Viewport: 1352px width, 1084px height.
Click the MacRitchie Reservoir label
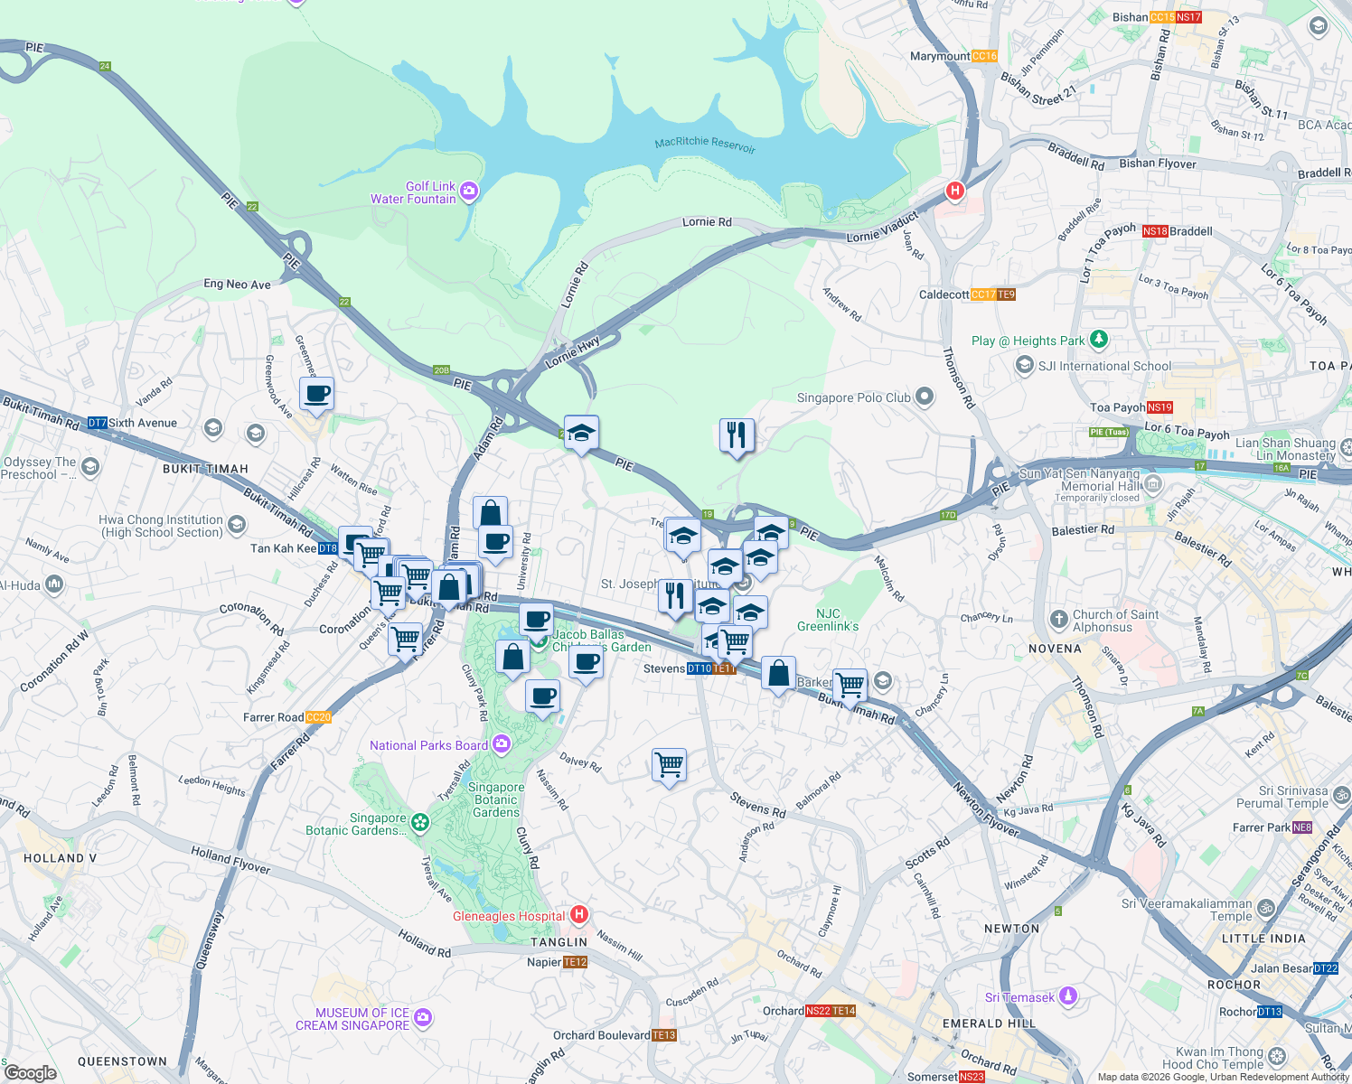(x=705, y=145)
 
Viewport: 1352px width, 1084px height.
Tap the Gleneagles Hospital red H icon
(x=579, y=915)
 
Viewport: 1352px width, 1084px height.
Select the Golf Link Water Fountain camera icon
(x=468, y=191)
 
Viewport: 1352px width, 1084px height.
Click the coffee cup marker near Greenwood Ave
(x=316, y=394)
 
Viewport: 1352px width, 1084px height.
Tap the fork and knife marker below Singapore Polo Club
(x=737, y=435)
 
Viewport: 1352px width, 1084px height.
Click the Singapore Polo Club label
(x=854, y=397)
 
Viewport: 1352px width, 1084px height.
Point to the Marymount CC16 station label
(x=953, y=56)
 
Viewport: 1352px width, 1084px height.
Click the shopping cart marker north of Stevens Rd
(x=669, y=765)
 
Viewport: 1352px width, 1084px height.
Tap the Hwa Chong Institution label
(x=161, y=526)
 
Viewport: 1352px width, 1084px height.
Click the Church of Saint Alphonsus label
(x=1114, y=621)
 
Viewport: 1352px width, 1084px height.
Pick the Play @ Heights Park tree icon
(x=1098, y=340)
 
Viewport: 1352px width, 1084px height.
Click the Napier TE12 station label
(x=557, y=962)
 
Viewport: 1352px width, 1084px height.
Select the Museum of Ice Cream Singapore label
(x=352, y=1019)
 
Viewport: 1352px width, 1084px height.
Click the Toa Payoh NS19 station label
(x=1131, y=407)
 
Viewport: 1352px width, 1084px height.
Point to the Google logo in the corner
(x=31, y=1073)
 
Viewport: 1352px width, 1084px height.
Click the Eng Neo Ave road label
(x=237, y=284)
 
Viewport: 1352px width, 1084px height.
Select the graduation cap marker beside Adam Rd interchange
(x=581, y=434)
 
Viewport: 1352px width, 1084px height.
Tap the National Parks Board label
(x=428, y=745)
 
